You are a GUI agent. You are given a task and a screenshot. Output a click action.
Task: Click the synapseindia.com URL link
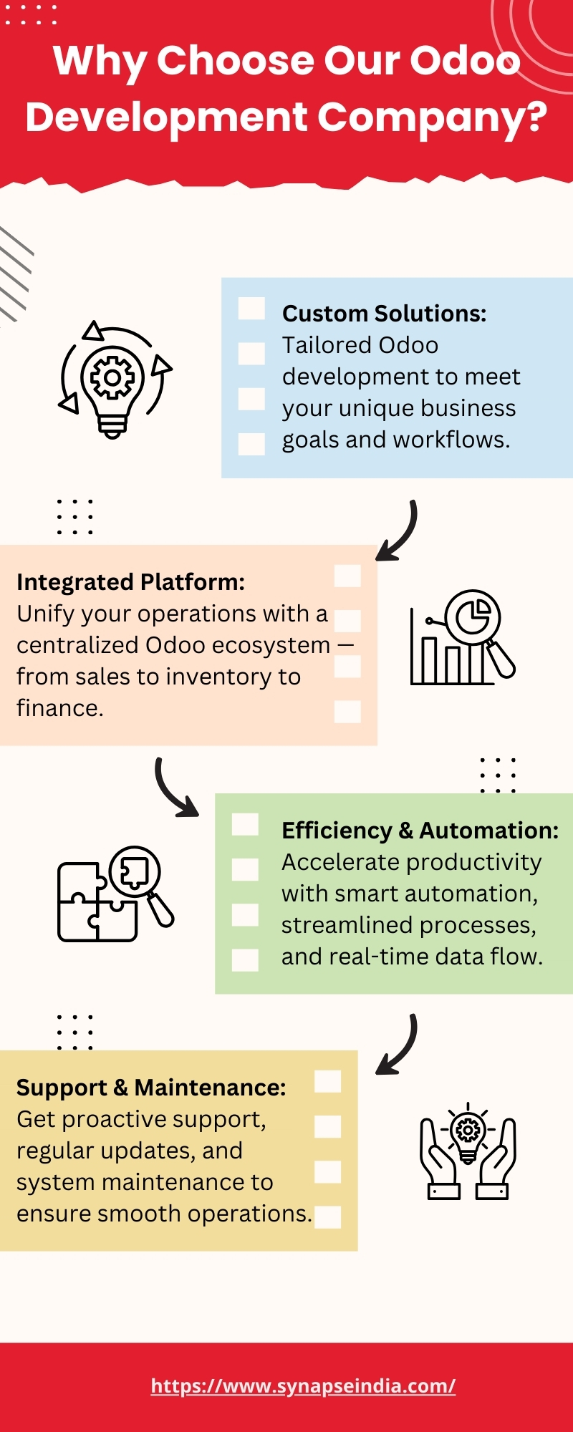point(303,1385)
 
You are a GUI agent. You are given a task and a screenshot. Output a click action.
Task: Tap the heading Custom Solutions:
point(384,314)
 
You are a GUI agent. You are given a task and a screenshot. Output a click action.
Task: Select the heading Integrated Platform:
point(130,582)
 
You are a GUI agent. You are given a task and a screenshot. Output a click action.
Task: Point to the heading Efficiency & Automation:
point(420,831)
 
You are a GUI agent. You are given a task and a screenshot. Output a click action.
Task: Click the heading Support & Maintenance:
point(151,1088)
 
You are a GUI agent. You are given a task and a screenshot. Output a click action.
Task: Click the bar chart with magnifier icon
point(463,637)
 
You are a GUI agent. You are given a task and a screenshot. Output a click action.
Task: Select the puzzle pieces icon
point(115,894)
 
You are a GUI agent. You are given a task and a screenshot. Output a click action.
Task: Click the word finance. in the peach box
point(60,708)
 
